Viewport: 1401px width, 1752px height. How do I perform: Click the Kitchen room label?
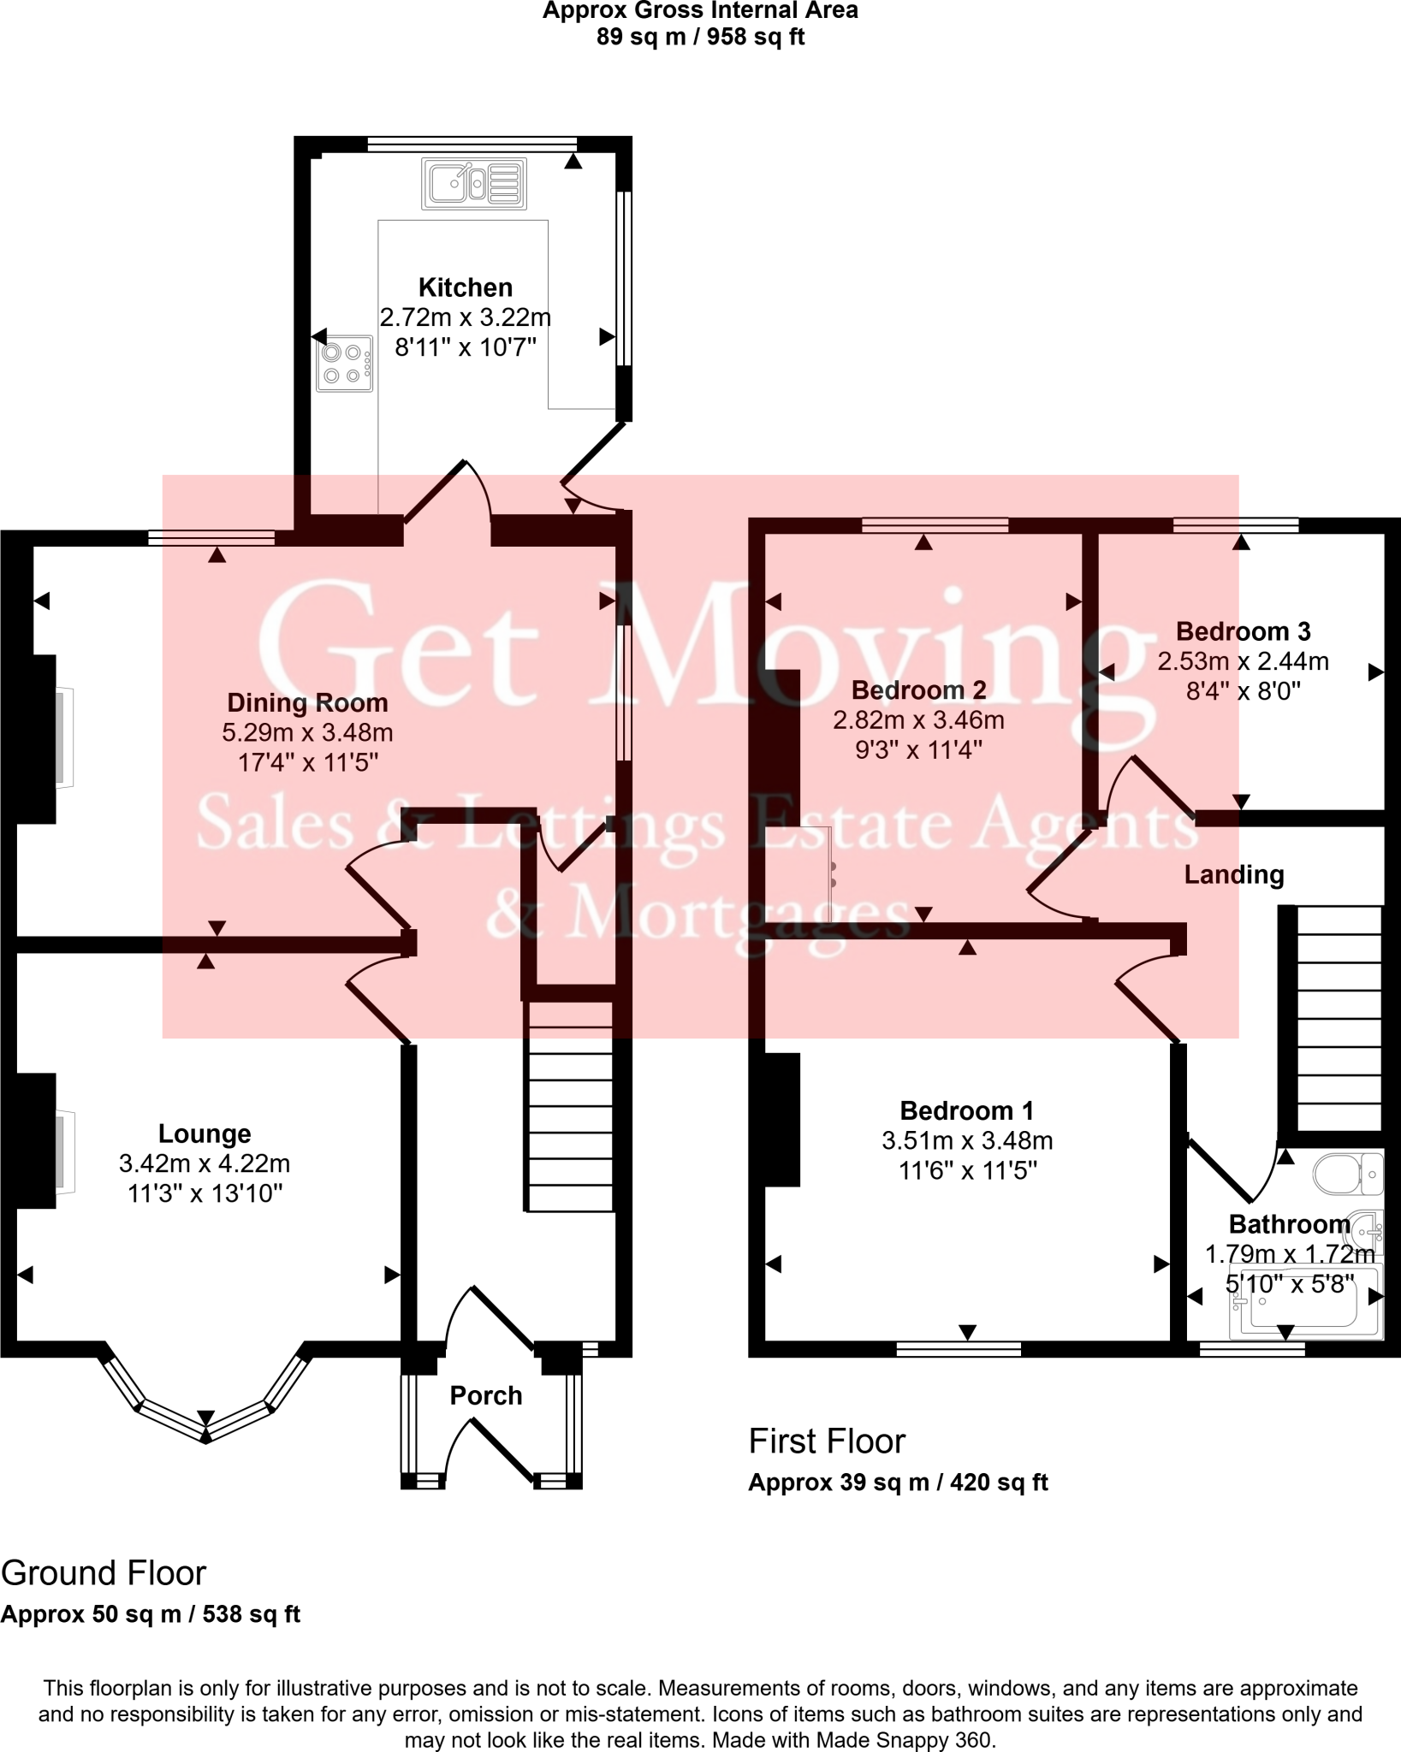465,287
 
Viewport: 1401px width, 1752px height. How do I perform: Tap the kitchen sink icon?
473,183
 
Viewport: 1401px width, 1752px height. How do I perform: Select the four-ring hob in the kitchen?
345,364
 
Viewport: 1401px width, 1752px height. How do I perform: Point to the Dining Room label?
307,703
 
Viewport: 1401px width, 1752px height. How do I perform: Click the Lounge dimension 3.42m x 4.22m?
205,1163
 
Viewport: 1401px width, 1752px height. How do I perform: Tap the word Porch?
486,1395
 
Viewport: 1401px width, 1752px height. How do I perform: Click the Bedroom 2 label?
918,690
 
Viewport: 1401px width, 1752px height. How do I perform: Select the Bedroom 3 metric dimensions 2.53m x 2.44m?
1243,661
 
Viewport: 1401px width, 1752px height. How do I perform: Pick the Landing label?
1233,874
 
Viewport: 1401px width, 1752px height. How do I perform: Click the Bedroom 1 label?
966,1110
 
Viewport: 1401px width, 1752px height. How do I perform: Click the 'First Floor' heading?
826,1441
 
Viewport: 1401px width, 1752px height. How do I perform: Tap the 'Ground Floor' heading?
104,1573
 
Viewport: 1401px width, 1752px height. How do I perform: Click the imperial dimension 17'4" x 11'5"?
307,762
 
